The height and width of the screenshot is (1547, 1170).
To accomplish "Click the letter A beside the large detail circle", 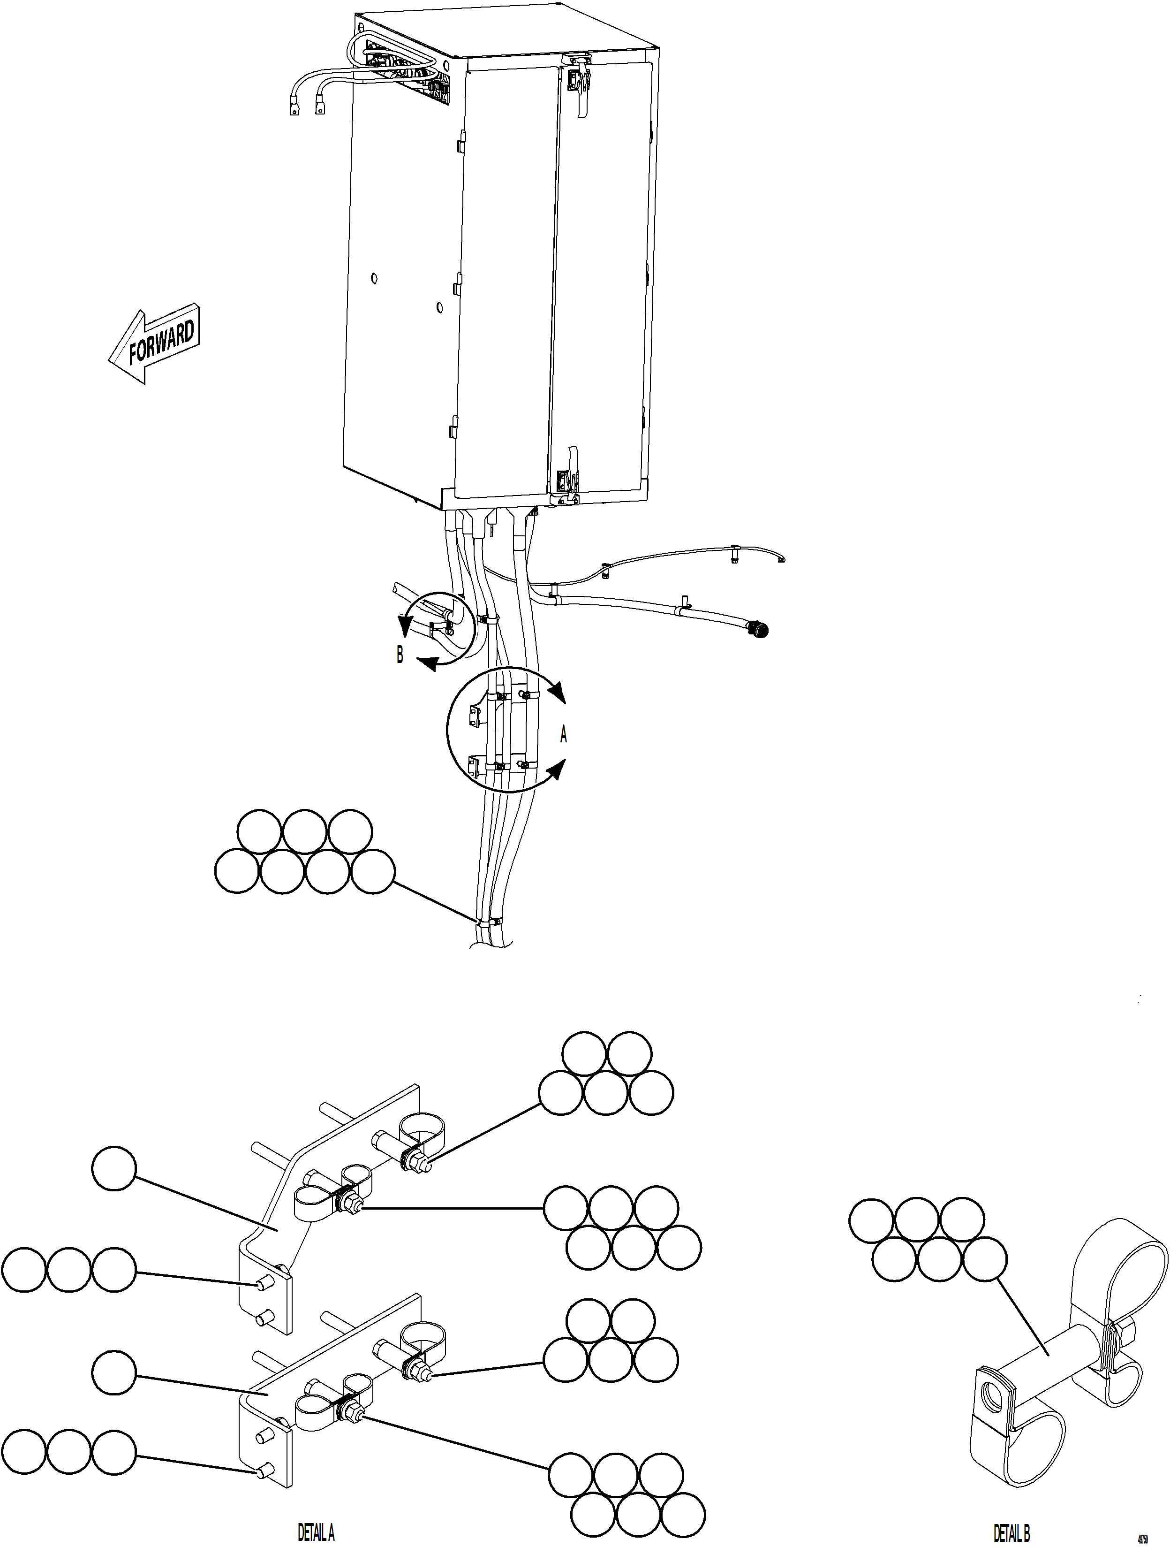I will pos(563,735).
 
